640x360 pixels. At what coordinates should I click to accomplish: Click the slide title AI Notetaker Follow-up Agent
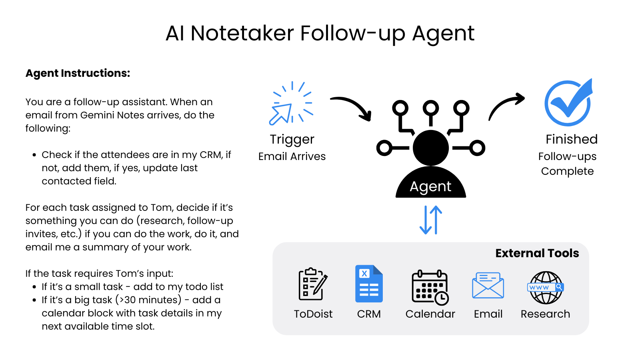[x=320, y=33]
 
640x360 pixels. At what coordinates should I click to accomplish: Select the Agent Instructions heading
[x=78, y=73]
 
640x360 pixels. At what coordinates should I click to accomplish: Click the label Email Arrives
[x=292, y=156]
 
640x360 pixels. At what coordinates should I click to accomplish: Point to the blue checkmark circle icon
[x=568, y=103]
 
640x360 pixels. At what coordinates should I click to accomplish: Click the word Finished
[x=572, y=139]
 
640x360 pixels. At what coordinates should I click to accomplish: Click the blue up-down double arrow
[x=431, y=220]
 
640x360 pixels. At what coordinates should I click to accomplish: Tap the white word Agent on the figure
[x=430, y=186]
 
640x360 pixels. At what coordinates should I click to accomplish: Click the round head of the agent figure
[x=431, y=148]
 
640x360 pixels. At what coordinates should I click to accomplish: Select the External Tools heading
[x=537, y=253]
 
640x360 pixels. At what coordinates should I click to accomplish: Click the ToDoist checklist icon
[x=313, y=284]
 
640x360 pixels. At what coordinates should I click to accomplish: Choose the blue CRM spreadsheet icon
[x=369, y=284]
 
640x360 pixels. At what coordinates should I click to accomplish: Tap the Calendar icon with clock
[x=430, y=287]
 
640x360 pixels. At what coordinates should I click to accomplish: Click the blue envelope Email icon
[x=488, y=285]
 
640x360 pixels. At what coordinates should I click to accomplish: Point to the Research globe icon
[x=546, y=287]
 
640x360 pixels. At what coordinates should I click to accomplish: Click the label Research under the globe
[x=545, y=314]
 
